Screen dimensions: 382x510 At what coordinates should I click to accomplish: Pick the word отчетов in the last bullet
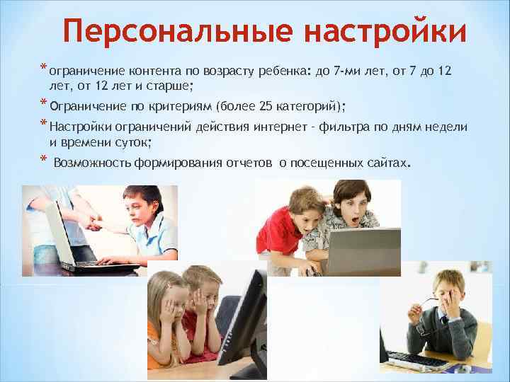point(245,163)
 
